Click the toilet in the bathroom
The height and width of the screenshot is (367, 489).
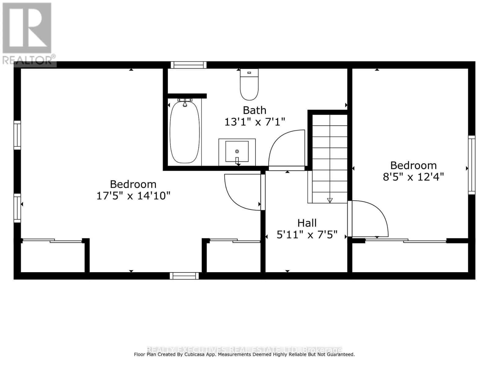point(249,85)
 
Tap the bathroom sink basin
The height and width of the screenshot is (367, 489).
point(237,151)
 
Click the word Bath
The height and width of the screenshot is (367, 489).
point(254,110)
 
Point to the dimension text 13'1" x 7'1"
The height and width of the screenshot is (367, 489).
point(255,122)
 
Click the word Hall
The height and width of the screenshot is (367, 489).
point(307,223)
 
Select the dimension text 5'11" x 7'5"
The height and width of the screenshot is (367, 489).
point(307,235)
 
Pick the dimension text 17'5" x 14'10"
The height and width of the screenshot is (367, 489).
point(133,196)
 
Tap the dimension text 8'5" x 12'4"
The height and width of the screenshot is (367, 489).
point(413,177)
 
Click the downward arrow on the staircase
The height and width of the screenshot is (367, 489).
point(329,200)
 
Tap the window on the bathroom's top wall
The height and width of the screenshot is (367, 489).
point(189,65)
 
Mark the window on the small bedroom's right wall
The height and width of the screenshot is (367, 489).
point(472,165)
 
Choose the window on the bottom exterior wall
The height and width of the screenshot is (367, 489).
point(184,276)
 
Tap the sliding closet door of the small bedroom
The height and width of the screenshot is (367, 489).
point(406,241)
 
